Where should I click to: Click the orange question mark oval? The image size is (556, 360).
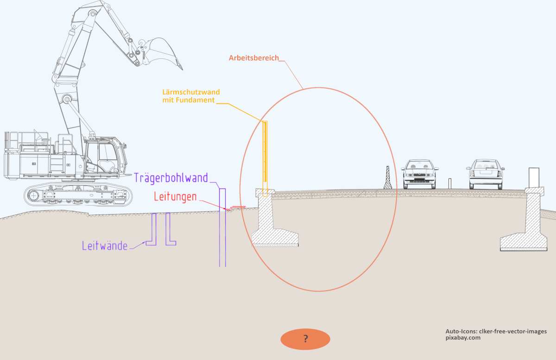pyautogui.click(x=305, y=339)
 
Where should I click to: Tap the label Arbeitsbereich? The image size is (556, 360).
pyautogui.click(x=254, y=58)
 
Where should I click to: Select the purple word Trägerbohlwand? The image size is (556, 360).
pyautogui.click(x=171, y=177)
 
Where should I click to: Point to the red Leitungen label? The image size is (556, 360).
pyautogui.click(x=175, y=197)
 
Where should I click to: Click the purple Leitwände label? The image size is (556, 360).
pyautogui.click(x=105, y=246)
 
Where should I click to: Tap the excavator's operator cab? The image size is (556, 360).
pyautogui.click(x=102, y=158)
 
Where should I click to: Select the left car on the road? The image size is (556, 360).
pyautogui.click(x=420, y=174)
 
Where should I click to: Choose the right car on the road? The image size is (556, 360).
pyautogui.click(x=485, y=174)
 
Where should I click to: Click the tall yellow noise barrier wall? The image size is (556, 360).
pyautogui.click(x=265, y=153)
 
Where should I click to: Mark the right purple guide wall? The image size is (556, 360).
pyautogui.click(x=169, y=229)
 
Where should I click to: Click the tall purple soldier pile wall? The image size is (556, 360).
pyautogui.click(x=222, y=227)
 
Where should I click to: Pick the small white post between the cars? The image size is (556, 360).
pyautogui.click(x=449, y=183)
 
